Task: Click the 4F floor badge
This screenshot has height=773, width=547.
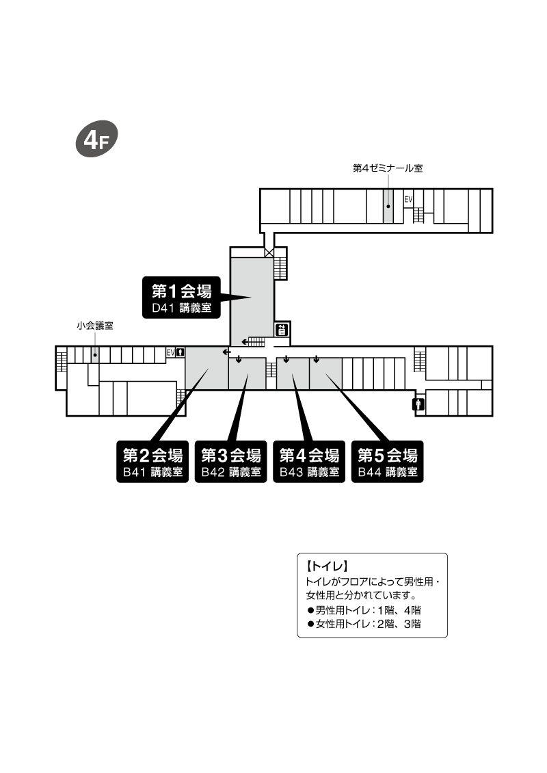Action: click(x=96, y=139)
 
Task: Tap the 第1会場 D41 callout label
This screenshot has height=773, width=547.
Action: click(x=181, y=298)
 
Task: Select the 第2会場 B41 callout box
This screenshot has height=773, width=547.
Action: click(x=152, y=462)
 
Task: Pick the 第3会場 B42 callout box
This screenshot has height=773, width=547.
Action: click(x=230, y=462)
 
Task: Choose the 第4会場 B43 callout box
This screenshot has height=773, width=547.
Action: click(x=309, y=462)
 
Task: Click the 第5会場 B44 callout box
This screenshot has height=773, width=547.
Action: click(x=387, y=462)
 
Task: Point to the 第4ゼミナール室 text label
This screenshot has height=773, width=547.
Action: click(x=388, y=168)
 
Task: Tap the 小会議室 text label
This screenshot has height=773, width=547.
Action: click(x=94, y=326)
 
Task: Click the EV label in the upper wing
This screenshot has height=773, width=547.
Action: click(x=408, y=200)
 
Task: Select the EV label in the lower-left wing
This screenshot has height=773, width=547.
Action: click(x=170, y=352)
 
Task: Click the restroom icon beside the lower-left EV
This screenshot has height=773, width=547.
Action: click(x=181, y=352)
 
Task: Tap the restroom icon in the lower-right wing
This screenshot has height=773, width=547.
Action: click(x=419, y=404)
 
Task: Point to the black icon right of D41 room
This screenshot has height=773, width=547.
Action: click(x=282, y=329)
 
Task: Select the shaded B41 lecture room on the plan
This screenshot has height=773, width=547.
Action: click(x=206, y=368)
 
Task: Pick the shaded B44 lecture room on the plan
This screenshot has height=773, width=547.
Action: click(x=325, y=374)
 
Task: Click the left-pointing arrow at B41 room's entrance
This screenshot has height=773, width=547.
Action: click(x=227, y=352)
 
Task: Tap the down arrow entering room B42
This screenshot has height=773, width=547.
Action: click(x=239, y=359)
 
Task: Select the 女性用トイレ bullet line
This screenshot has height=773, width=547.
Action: click(x=364, y=624)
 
